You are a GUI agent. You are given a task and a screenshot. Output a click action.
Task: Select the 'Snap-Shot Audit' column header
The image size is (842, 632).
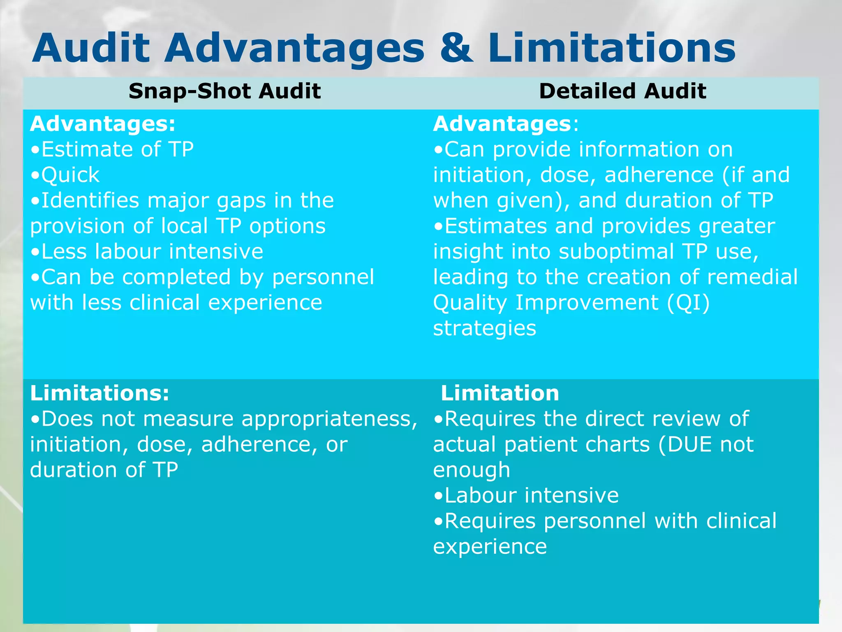224,91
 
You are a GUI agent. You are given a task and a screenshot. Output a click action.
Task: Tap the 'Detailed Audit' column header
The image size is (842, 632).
622,91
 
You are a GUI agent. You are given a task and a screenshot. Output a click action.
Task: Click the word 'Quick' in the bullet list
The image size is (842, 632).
70,175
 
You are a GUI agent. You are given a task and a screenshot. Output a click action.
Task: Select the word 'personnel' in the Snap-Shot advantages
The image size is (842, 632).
323,277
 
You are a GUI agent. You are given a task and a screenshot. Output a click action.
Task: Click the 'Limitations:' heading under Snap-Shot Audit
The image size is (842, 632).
99,393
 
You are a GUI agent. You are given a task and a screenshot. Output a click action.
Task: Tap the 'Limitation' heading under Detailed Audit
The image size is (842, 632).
500,393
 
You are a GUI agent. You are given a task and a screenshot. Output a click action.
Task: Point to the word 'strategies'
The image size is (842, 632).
485,328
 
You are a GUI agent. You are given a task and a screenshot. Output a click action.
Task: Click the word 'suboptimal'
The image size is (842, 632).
616,251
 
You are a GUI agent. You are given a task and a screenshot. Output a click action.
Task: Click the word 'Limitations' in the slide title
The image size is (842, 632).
612,49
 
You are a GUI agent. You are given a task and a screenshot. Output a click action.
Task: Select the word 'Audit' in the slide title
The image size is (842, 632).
91,49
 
